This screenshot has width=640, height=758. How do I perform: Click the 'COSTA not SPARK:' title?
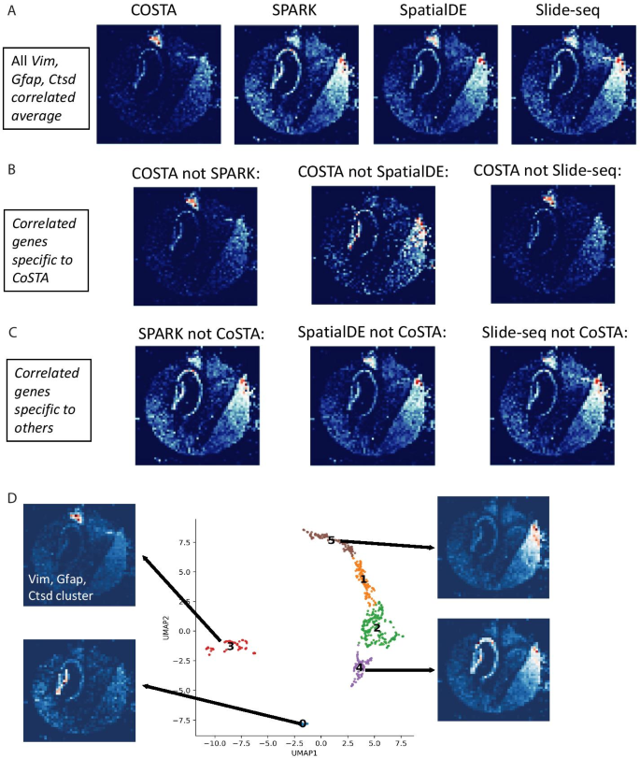point(194,174)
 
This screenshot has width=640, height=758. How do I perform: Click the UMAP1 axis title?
point(304,751)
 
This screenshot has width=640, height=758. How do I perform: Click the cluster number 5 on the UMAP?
point(330,540)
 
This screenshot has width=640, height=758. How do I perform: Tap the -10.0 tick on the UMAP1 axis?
point(213,740)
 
